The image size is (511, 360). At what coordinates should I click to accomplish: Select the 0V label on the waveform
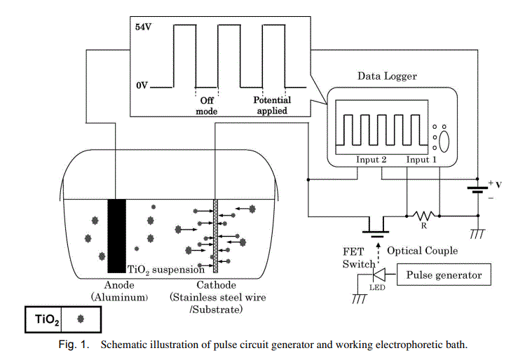[x=142, y=85]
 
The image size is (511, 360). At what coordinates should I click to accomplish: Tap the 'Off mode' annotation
[x=207, y=106]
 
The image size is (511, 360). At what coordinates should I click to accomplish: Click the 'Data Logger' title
[x=387, y=76]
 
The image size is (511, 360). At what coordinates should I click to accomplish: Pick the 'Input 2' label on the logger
[x=372, y=159]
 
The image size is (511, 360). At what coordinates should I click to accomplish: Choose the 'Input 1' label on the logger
[x=423, y=159]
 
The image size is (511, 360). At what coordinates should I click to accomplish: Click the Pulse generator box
[x=443, y=275]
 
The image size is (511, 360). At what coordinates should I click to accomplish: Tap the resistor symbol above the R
[x=423, y=214]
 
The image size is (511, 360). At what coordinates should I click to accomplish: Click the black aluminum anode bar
[x=116, y=235]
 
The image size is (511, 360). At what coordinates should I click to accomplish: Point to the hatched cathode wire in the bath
[x=216, y=235]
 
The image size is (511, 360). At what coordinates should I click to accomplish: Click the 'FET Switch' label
[x=358, y=257]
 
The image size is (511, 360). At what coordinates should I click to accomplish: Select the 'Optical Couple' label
[x=422, y=250]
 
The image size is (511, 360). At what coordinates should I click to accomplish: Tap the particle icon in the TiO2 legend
[x=81, y=319]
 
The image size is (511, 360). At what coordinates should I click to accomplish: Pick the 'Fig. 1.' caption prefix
[x=74, y=345]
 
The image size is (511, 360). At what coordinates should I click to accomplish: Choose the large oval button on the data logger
[x=444, y=139]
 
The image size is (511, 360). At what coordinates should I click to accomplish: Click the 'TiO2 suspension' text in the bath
[x=165, y=270]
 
